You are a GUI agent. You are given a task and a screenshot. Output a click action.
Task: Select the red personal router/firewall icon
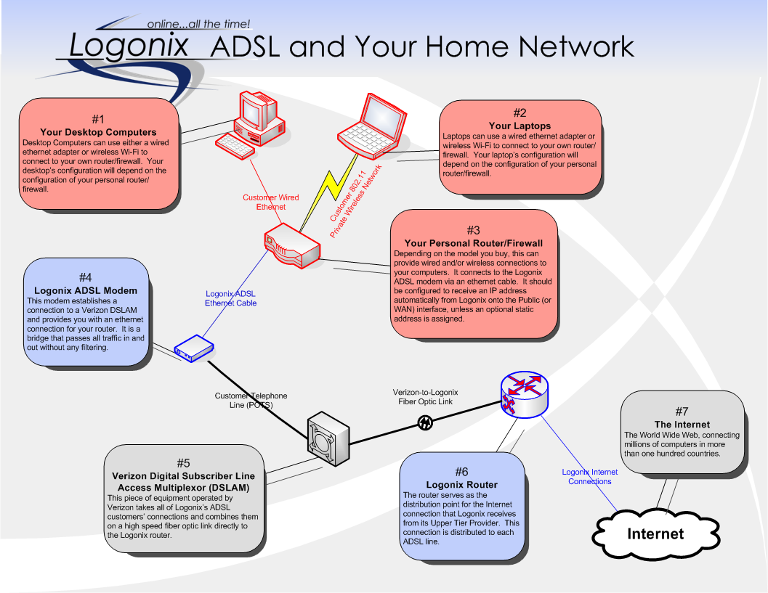[x=291, y=246]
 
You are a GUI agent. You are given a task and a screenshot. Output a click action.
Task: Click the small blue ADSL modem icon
[x=193, y=349]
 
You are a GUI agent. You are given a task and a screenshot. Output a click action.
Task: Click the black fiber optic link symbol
[x=426, y=422]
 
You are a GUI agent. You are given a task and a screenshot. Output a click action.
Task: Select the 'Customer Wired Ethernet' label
[x=270, y=202]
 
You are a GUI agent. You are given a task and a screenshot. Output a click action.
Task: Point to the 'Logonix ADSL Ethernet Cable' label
[x=231, y=298]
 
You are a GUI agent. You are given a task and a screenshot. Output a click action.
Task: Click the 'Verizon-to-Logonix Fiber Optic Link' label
[x=425, y=396]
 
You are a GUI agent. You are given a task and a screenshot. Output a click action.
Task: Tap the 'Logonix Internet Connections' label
[x=590, y=476]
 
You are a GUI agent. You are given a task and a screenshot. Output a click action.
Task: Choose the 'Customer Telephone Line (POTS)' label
[x=251, y=400]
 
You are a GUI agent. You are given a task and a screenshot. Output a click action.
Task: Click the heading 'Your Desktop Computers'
[x=98, y=132]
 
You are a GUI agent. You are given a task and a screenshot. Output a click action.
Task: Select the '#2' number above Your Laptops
[x=520, y=113]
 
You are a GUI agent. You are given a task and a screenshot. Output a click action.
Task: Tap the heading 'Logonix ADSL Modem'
[x=86, y=291]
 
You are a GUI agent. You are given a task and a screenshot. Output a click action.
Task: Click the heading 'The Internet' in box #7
[x=682, y=425]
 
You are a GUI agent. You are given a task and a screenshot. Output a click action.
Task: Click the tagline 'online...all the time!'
[x=198, y=24]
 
